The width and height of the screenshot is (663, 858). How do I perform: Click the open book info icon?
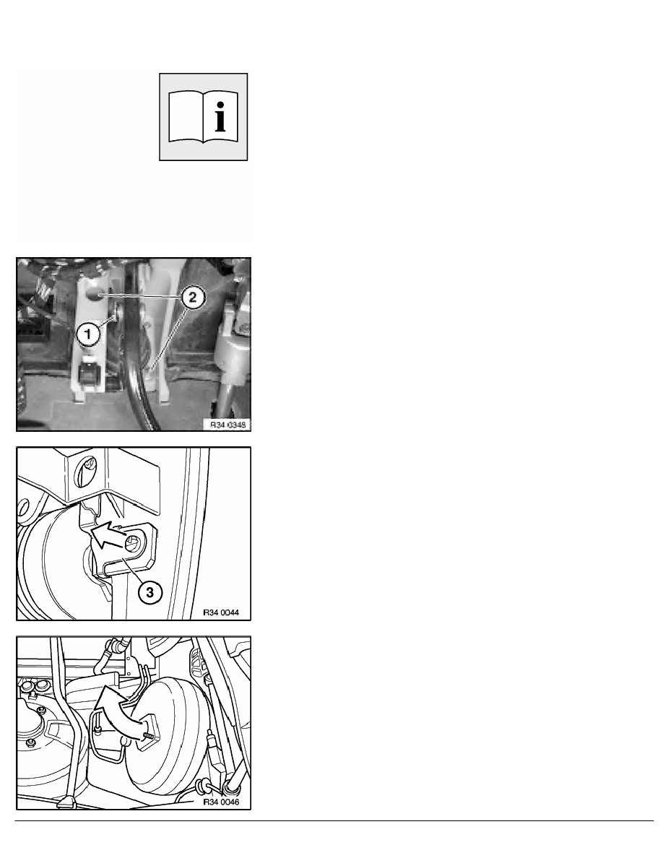(204, 116)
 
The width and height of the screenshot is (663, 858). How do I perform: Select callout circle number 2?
(191, 298)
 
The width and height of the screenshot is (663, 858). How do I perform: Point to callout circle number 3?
(150, 591)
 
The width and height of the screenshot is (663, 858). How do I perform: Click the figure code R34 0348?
(228, 425)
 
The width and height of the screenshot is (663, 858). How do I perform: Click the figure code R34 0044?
(221, 612)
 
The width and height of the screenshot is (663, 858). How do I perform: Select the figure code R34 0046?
(221, 802)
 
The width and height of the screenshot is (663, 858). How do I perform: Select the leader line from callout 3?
(134, 570)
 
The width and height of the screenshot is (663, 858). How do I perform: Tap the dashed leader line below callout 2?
(167, 337)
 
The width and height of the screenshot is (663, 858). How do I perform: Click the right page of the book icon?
(220, 116)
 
